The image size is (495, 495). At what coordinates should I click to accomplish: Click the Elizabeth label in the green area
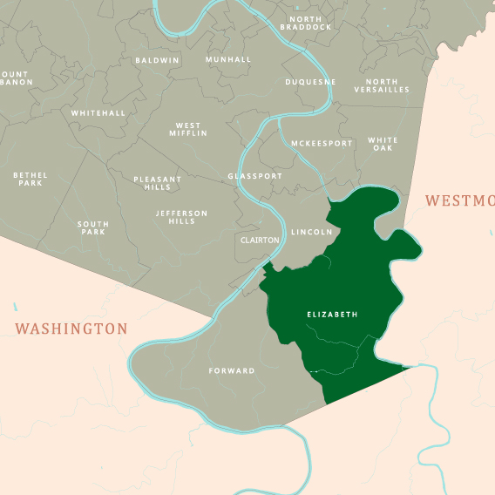332,314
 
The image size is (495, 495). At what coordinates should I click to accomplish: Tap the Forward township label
232,371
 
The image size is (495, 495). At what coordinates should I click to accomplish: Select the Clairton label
259,240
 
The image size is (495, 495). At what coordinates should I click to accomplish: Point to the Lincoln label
311,233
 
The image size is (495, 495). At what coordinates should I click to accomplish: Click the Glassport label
254,176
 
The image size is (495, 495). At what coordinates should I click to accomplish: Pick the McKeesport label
322,143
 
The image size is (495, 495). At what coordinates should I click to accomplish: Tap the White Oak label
383,144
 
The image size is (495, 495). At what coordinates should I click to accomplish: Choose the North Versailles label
382,85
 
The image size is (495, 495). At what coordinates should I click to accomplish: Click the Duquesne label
310,83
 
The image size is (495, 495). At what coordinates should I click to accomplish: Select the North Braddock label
306,23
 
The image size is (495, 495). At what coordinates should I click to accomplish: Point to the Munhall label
228,60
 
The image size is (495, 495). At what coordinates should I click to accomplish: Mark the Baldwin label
157,61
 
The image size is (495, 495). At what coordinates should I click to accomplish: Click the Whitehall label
98,113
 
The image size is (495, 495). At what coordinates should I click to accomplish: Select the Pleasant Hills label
158,183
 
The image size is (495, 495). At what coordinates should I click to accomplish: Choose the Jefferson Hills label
181,217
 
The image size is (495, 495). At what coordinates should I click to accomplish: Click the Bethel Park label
31,179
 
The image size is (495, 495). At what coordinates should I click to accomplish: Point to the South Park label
93,228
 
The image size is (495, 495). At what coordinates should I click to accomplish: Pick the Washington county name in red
71,329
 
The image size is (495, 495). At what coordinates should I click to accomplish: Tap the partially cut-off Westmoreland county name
459,200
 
